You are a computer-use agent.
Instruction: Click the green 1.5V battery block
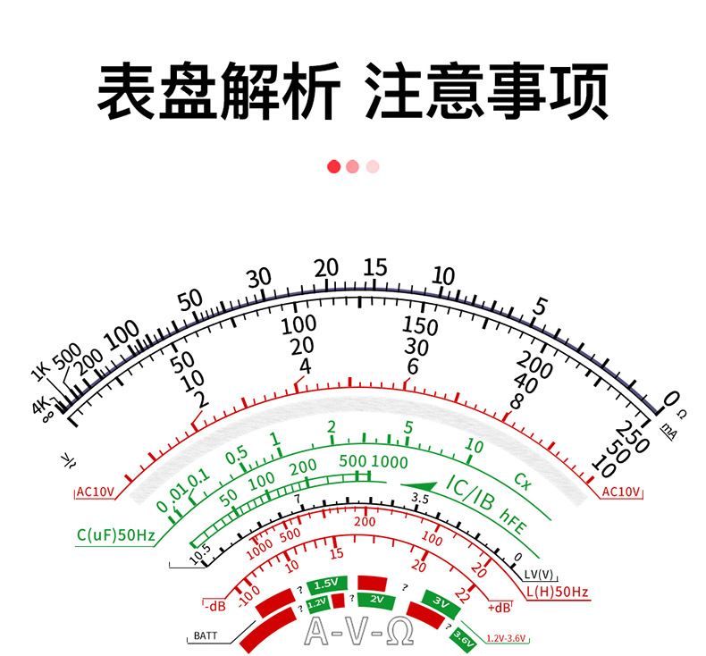(324, 585)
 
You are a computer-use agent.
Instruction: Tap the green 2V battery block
(376, 599)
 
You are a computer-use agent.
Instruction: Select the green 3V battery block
(440, 601)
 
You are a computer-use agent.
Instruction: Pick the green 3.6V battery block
(463, 638)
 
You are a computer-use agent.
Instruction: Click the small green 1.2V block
(318, 604)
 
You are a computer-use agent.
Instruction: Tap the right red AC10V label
(622, 492)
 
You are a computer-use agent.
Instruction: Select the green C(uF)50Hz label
(116, 536)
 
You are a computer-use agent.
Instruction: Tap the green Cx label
(522, 483)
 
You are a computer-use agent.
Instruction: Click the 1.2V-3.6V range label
(508, 638)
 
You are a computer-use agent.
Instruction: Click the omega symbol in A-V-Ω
(401, 633)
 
